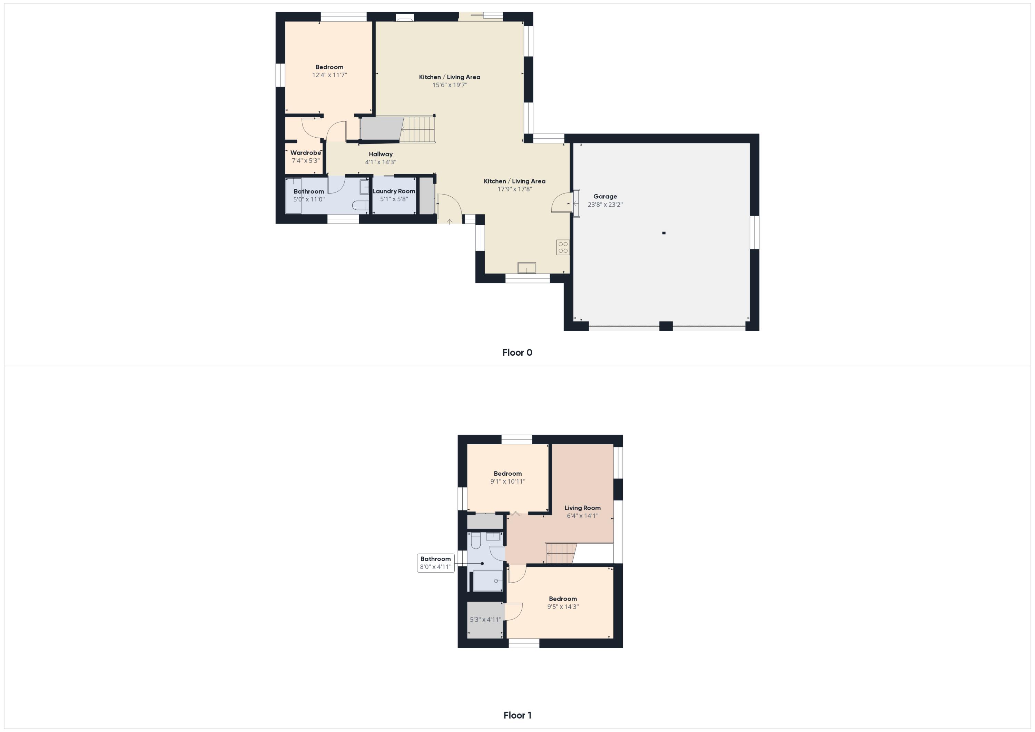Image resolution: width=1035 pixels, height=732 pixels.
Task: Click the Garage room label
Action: pyautogui.click(x=605, y=197)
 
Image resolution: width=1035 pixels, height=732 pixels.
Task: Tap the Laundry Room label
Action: pyautogui.click(x=394, y=191)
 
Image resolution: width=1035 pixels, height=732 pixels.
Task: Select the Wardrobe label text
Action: pyautogui.click(x=305, y=153)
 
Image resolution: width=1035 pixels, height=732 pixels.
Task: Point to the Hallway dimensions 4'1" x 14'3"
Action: pyautogui.click(x=381, y=162)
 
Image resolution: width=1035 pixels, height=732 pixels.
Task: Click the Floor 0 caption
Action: pyautogui.click(x=517, y=353)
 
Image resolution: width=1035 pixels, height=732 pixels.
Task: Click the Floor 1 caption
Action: pyautogui.click(x=517, y=715)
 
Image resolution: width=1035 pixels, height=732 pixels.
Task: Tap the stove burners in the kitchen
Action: pyautogui.click(x=563, y=247)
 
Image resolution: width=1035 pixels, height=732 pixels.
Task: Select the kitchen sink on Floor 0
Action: pyautogui.click(x=526, y=268)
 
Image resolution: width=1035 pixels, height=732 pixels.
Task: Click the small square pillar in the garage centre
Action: pyautogui.click(x=663, y=233)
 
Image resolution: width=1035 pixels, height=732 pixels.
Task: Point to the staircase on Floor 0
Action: pyautogui.click(x=418, y=130)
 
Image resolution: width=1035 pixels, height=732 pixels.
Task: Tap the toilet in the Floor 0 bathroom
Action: pyautogui.click(x=360, y=206)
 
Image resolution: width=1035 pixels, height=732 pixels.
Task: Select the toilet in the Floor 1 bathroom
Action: pyautogui.click(x=475, y=541)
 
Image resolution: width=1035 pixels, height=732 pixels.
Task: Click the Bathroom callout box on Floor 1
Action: pyautogui.click(x=435, y=563)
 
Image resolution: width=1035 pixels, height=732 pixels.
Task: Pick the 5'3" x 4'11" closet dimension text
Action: pyautogui.click(x=485, y=619)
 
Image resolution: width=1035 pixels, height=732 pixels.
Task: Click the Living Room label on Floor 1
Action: pyautogui.click(x=582, y=508)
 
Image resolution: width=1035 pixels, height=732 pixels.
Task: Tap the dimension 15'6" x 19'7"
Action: pyautogui.click(x=450, y=85)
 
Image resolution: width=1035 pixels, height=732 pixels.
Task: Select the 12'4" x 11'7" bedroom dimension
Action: pyautogui.click(x=329, y=75)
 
